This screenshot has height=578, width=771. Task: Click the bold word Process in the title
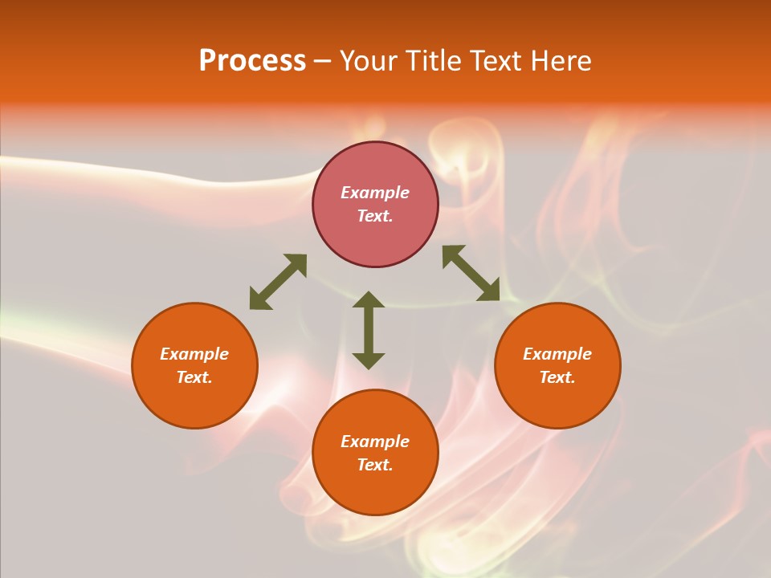[x=252, y=61]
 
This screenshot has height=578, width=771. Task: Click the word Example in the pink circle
[x=375, y=193]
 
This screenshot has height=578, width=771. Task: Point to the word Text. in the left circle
[x=194, y=377]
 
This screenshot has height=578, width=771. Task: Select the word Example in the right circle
[x=557, y=354]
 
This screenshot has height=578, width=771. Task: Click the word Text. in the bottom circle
[x=375, y=465]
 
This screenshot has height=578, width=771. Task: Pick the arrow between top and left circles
[x=278, y=282]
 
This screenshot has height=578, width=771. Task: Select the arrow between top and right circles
[x=471, y=273]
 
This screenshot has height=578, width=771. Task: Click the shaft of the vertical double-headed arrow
[x=369, y=330]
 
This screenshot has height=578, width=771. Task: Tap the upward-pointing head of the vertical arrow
[x=369, y=299]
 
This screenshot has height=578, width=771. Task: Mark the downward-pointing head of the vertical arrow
[x=369, y=360]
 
